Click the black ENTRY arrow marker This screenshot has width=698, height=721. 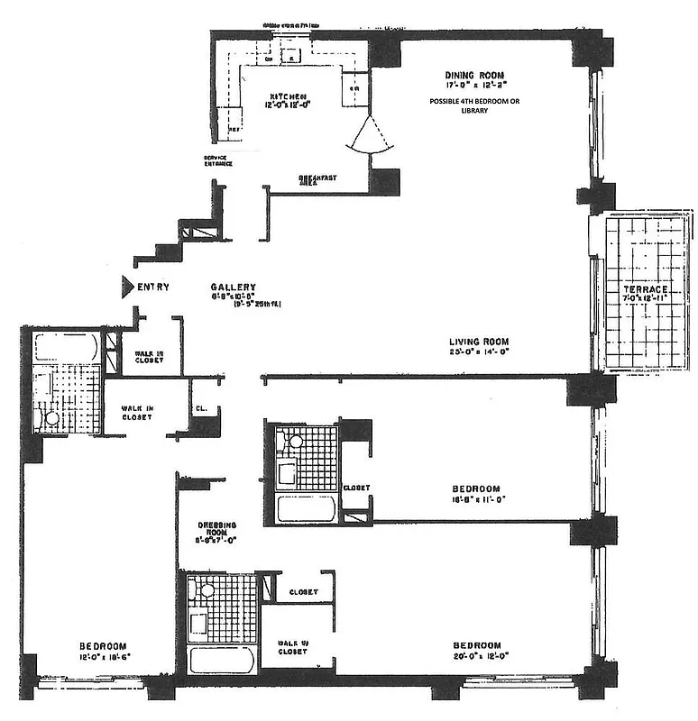(x=127, y=287)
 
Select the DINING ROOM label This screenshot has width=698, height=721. (x=473, y=75)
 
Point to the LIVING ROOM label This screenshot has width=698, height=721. (x=480, y=342)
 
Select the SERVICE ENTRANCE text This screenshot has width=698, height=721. (x=218, y=160)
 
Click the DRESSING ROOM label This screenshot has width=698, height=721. (x=217, y=529)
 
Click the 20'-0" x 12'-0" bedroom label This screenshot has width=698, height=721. (x=476, y=654)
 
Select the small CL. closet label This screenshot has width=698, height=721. (x=201, y=408)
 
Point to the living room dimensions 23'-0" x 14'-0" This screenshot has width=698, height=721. (x=480, y=353)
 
